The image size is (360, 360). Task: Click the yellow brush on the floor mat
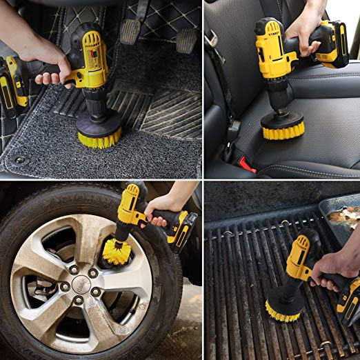pos(99,139)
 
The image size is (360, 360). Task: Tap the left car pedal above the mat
pos(130,30)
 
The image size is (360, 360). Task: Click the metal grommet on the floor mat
pos(19,160)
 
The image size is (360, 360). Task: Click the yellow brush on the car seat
pos(283,128)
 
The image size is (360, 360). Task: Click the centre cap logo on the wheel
pos(82,281)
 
